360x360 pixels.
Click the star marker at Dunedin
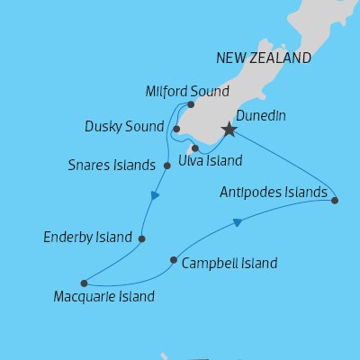click(229, 130)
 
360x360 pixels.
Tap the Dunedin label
click(261, 115)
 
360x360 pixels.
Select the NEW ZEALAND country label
click(264, 58)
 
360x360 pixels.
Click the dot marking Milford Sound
click(191, 104)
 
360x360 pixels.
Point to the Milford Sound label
click(187, 91)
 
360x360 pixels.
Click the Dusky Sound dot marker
click(176, 129)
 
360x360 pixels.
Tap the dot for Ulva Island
click(195, 148)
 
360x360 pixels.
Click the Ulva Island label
click(211, 161)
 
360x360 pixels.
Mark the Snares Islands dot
click(167, 166)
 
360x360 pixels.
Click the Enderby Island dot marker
click(142, 238)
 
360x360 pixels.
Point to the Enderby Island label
click(88, 238)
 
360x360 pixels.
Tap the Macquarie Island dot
click(83, 282)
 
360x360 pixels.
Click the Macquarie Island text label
click(104, 296)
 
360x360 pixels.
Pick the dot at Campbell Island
click(174, 262)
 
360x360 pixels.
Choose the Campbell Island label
click(229, 264)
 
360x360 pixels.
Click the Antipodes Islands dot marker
click(335, 201)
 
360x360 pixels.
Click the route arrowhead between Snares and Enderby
click(156, 195)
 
